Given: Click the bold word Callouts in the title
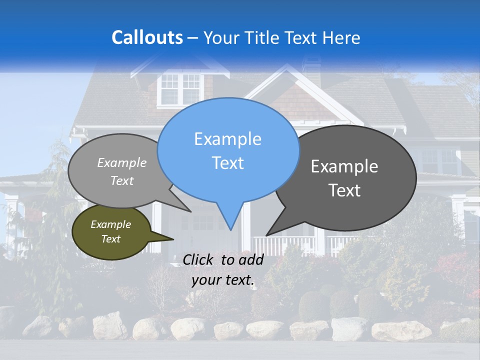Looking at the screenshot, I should click(x=147, y=37).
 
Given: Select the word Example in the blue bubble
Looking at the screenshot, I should click(x=227, y=139).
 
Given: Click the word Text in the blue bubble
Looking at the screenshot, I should click(x=227, y=163).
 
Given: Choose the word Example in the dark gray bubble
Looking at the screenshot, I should click(x=344, y=166).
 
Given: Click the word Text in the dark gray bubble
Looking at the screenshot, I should click(x=344, y=190).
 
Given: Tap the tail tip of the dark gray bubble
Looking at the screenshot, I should click(x=266, y=235).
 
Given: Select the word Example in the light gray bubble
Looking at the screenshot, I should click(x=122, y=162).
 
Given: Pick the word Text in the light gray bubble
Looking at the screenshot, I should click(x=122, y=180).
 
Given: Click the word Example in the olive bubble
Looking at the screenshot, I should click(x=110, y=224).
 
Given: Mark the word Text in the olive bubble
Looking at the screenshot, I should click(x=110, y=239).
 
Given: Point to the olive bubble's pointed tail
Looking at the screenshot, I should click(x=173, y=239).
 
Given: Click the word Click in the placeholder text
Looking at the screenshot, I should click(x=198, y=259).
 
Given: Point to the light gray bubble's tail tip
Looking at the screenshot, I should click(x=191, y=211).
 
